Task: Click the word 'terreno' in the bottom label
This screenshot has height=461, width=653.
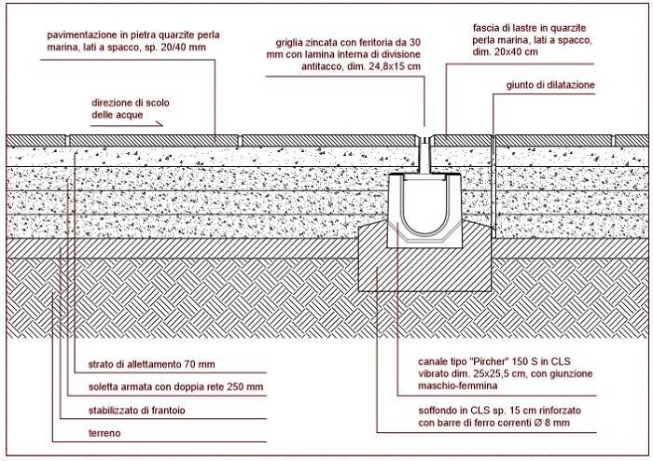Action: click(104, 433)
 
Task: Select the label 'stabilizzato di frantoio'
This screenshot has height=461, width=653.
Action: click(136, 411)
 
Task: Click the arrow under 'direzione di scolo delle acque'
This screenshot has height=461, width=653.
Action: click(127, 123)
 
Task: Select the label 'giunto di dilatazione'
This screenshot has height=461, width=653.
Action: click(550, 85)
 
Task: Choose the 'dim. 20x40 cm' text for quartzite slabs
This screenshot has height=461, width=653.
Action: click(506, 52)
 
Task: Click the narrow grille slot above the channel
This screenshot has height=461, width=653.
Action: click(424, 154)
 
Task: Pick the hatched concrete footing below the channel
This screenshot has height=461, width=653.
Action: click(424, 267)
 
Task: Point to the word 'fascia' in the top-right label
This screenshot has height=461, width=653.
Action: click(484, 28)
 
